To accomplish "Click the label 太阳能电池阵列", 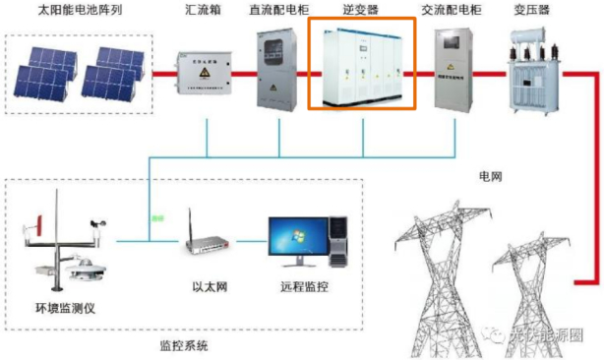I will coord(64,11).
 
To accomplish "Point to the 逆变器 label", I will coord(362,11).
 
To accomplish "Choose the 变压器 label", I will coord(530,11).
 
